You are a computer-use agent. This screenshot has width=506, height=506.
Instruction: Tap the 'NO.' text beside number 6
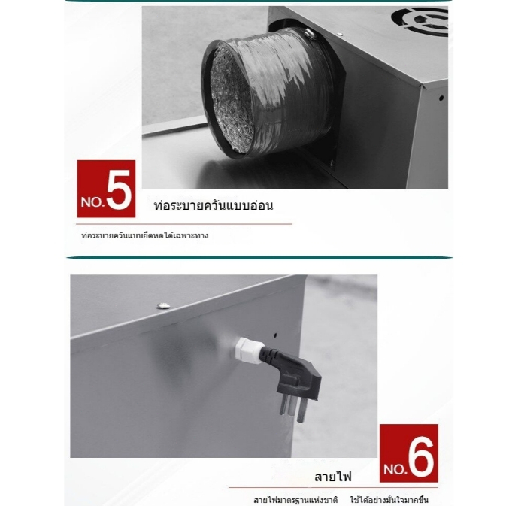click(x=395, y=468)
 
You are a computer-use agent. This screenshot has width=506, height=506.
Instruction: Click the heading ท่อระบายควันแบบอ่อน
click(x=214, y=205)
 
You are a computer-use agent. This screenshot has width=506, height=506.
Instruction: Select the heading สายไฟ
click(x=333, y=477)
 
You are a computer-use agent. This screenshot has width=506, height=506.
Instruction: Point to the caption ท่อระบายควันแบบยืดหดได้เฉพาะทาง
click(x=144, y=235)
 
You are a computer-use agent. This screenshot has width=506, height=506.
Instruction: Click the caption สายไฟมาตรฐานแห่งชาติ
click(x=295, y=500)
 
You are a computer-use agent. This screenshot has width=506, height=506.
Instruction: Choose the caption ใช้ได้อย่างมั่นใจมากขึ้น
click(x=389, y=500)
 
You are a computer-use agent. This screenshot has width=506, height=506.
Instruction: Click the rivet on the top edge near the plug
click(x=164, y=305)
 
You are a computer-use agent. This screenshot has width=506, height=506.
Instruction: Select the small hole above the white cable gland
click(x=275, y=335)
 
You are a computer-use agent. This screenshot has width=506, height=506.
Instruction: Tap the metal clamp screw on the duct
click(x=311, y=33)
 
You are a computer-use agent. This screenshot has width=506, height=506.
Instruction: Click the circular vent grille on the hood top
click(x=420, y=20)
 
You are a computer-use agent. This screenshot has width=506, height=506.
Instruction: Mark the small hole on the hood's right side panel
click(x=441, y=98)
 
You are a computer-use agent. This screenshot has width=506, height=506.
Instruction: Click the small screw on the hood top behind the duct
click(x=340, y=34)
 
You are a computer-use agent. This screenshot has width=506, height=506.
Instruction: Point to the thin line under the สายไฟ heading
click(x=333, y=488)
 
